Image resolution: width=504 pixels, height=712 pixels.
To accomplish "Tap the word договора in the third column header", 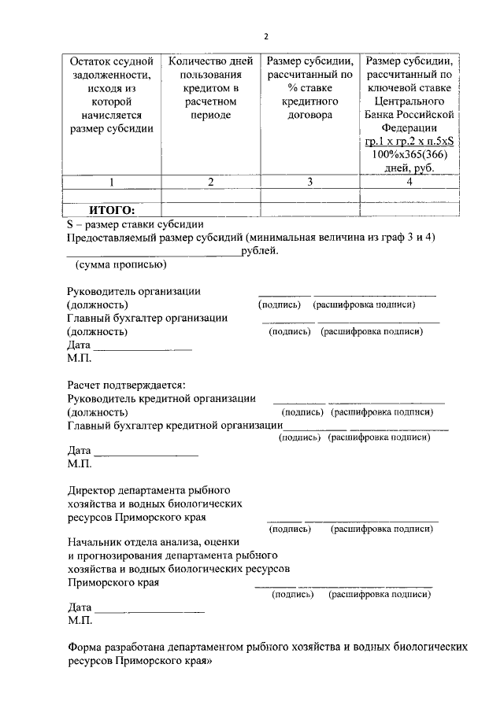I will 309,115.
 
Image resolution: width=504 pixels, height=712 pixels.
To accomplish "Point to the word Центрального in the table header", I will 409,101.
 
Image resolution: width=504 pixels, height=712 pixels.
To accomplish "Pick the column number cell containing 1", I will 111,182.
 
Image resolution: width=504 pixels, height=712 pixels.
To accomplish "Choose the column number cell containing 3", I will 309,182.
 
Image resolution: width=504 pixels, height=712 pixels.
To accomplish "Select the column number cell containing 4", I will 409,182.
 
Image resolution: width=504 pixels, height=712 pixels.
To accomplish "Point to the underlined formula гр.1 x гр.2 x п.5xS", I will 409,142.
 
